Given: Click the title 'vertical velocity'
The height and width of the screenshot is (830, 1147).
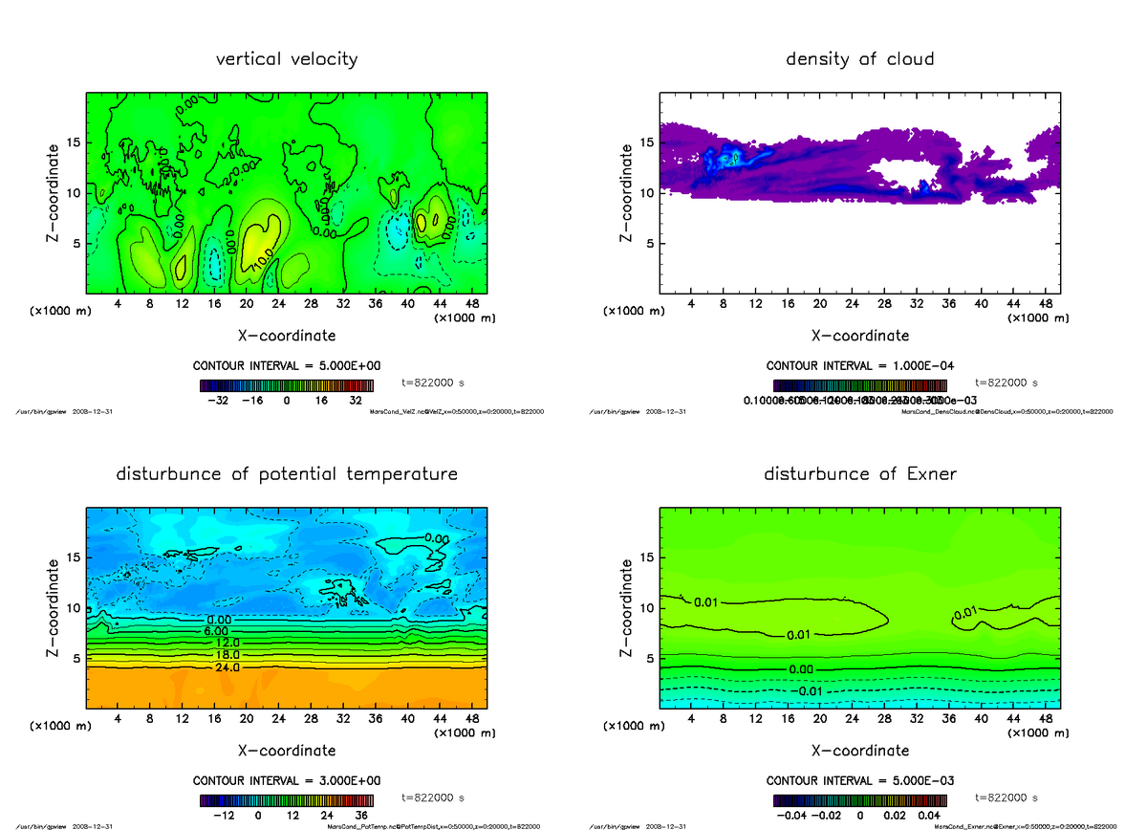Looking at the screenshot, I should [287, 59].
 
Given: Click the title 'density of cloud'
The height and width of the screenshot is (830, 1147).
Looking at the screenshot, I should [859, 59].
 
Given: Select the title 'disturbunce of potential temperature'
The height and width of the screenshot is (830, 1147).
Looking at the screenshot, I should [287, 474].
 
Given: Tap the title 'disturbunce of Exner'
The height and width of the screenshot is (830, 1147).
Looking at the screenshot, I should [859, 474].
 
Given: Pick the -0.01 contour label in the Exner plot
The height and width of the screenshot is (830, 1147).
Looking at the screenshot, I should [808, 691].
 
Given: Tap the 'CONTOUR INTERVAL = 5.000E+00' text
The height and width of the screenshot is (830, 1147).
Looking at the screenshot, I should [287, 366].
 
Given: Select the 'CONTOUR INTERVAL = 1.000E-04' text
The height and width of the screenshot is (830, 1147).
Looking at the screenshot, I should [859, 366].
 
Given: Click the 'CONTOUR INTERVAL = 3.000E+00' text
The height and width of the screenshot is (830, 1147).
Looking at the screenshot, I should [287, 780].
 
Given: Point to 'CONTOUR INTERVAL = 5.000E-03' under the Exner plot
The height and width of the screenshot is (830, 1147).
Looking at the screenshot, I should [859, 780].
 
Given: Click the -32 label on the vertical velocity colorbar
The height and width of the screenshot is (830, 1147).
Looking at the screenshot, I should [224, 402].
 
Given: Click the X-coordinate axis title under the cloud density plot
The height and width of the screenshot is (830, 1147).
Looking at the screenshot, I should [859, 336].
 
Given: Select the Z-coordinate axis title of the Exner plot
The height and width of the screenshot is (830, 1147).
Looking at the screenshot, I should [627, 608].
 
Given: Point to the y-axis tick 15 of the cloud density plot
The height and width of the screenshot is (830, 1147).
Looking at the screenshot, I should [647, 142].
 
